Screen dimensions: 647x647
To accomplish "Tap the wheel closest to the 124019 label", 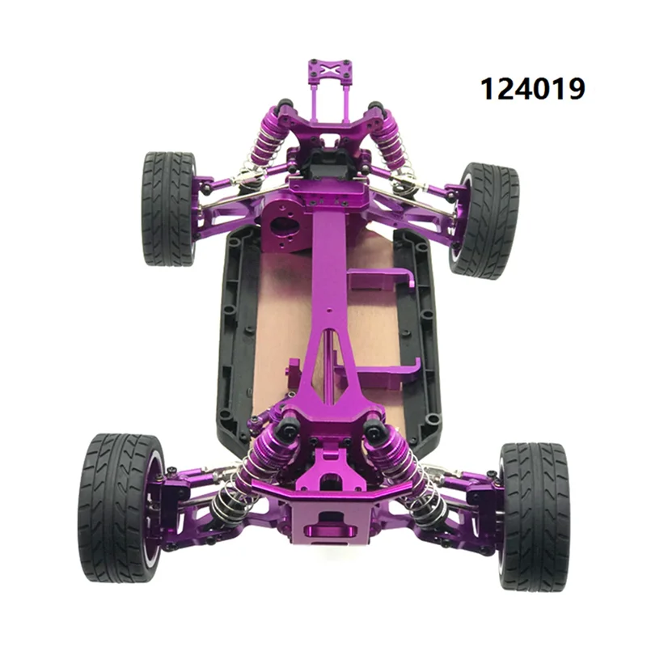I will (484, 220).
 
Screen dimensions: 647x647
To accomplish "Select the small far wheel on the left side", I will (168, 208).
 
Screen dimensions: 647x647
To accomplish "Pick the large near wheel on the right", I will (534, 515).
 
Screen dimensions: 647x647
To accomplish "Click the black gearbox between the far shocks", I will (327, 158).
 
